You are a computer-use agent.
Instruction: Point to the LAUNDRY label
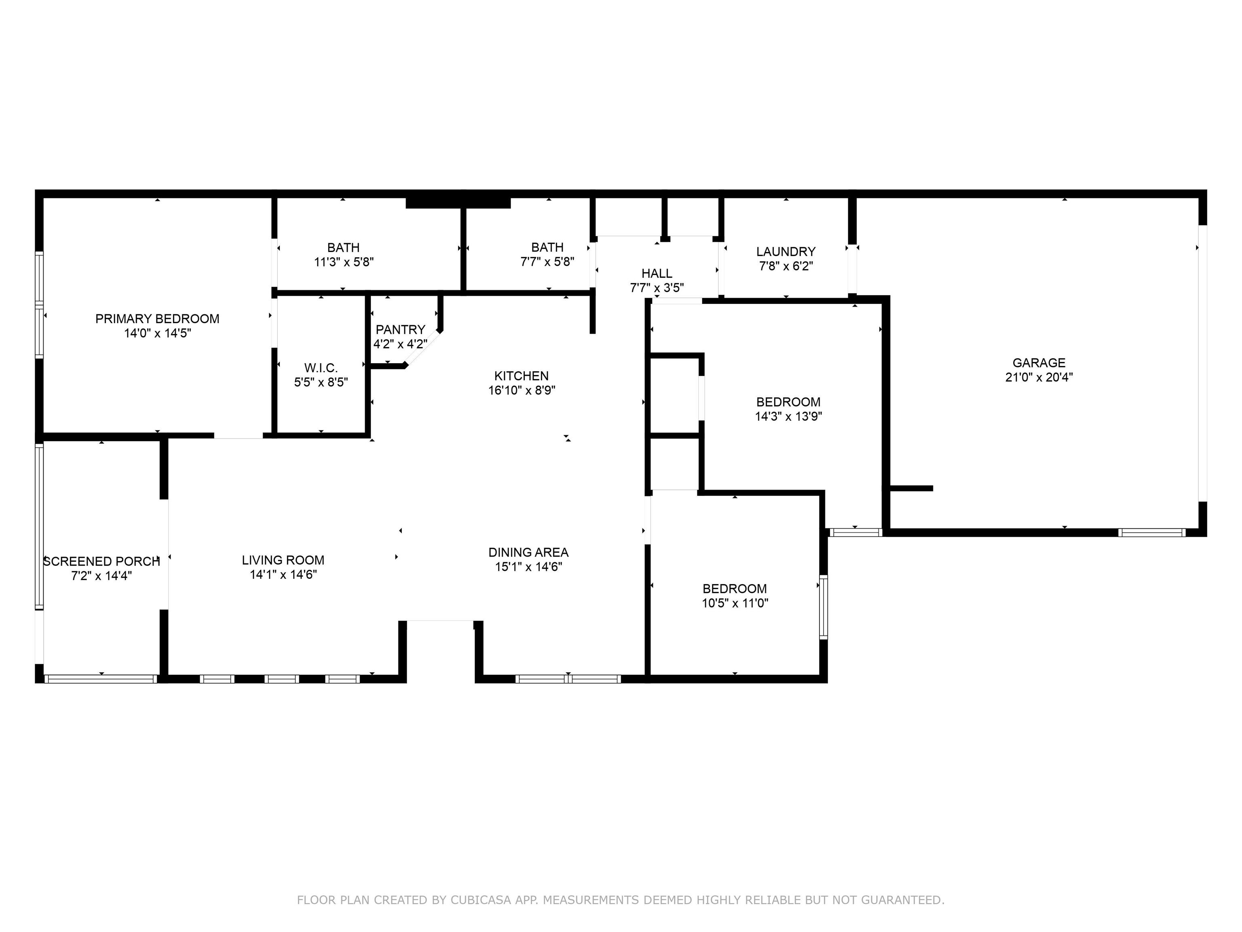(x=786, y=252)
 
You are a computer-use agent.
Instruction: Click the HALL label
(x=657, y=273)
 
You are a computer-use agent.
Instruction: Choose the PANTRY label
(x=400, y=330)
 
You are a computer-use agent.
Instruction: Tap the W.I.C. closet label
(x=321, y=368)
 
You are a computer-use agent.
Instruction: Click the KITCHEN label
(x=522, y=376)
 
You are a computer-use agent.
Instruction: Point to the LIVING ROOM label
(x=283, y=560)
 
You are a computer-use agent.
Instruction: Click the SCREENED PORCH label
(x=101, y=561)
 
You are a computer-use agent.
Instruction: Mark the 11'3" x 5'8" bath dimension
(x=344, y=262)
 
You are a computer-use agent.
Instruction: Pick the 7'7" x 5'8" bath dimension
(x=547, y=262)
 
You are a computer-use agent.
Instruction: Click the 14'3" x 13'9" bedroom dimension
(x=788, y=417)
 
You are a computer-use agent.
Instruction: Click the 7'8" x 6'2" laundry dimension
(x=786, y=266)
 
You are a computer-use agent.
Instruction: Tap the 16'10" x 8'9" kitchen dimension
(x=522, y=390)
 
